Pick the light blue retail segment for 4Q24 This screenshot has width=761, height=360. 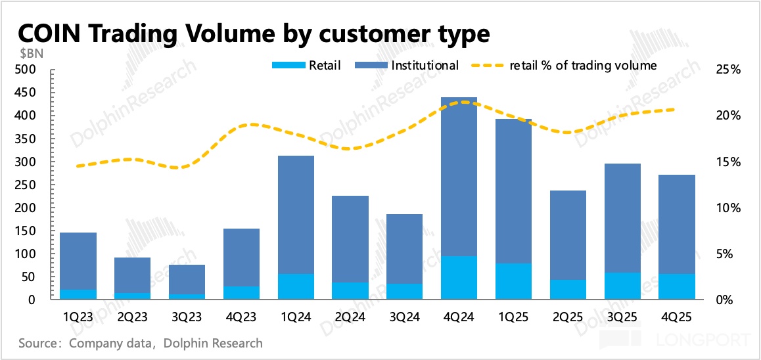pyautogui.click(x=458, y=277)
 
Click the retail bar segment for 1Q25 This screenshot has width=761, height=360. pyautogui.click(x=513, y=281)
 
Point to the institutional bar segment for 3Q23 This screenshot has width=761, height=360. pyautogui.click(x=187, y=279)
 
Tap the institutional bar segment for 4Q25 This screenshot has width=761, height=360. pyautogui.click(x=676, y=224)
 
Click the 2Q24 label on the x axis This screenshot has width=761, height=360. pyautogui.click(x=350, y=316)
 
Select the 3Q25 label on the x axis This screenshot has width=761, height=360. pyautogui.click(x=622, y=316)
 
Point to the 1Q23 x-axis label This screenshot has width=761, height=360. pyautogui.click(x=78, y=316)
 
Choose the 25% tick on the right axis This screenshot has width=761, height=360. pyautogui.click(x=727, y=70)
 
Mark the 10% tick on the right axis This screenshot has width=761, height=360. pyautogui.click(x=727, y=208)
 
